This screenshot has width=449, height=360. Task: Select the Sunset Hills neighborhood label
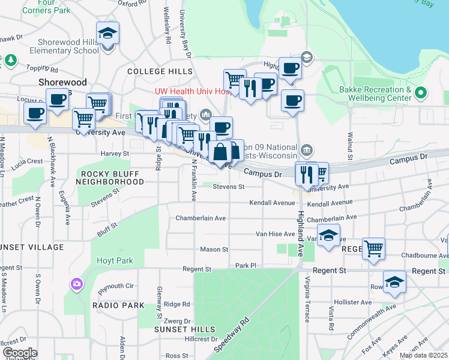point(184,329)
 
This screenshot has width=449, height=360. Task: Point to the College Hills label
point(160,71)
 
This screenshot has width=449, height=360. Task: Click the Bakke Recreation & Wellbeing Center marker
point(421,93)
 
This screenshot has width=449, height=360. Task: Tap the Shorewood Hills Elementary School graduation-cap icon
point(107,32)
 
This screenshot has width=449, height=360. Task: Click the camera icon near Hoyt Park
point(77,284)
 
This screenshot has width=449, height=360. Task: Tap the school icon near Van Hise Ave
point(328,235)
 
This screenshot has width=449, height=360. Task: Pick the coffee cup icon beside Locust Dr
point(58,99)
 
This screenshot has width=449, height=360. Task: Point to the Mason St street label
point(214,249)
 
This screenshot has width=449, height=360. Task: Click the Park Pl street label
point(246,265)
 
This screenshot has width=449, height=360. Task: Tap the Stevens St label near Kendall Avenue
point(228,187)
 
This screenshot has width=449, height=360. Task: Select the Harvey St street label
point(115,154)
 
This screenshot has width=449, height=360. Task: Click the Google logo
point(20,353)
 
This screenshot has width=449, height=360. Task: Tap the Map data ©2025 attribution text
point(423,355)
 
